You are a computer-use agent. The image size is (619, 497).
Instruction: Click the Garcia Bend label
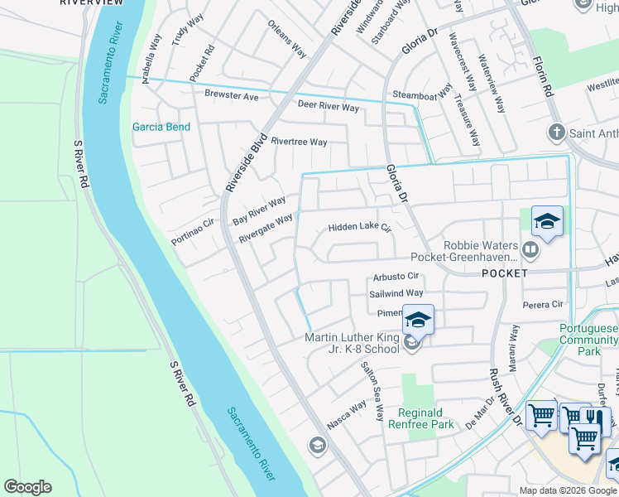click(x=161, y=127)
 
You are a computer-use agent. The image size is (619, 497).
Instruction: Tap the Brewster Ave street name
click(x=232, y=95)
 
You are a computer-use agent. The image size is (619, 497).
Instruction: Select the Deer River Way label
click(x=329, y=108)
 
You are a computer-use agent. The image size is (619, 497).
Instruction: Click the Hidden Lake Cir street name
click(x=358, y=227)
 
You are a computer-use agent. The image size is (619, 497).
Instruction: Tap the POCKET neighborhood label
click(x=503, y=273)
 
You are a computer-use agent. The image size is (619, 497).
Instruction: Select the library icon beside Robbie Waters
click(x=530, y=248)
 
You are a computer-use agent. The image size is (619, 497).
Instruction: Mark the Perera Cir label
click(x=543, y=305)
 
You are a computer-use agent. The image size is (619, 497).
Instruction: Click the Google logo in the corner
click(x=27, y=487)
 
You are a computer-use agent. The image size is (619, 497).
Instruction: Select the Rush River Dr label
click(x=505, y=397)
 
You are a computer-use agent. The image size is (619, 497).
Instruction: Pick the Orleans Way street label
click(x=287, y=38)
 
